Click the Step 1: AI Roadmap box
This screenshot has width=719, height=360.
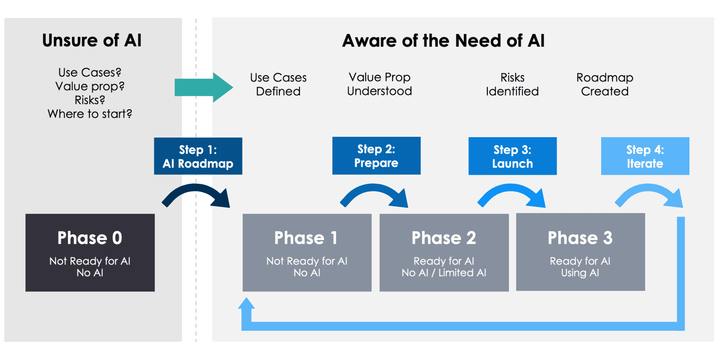pos(198,156)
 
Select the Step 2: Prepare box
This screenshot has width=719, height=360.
pos(376,156)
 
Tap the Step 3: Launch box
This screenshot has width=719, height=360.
pos(512,156)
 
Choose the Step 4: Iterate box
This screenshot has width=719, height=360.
pos(645,156)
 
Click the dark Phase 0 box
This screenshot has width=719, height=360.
pos(90,252)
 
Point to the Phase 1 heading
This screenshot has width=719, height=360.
pos(306,238)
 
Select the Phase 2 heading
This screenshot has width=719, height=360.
pos(444,238)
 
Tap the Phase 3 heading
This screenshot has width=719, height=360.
pos(580,238)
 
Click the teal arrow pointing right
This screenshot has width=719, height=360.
pos(204,88)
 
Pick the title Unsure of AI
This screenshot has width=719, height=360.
pos(92,41)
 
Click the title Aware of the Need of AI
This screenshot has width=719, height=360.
pos(443,41)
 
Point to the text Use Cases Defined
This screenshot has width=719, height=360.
pos(278,85)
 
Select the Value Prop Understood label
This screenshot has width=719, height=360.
pos(379,84)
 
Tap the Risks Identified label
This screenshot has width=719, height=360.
pos(512,85)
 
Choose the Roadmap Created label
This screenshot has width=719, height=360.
pos(605,85)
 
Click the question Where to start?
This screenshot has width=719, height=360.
pos(90,114)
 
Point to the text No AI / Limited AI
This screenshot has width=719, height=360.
pos(444,273)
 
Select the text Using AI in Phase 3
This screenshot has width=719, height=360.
pos(580,273)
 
